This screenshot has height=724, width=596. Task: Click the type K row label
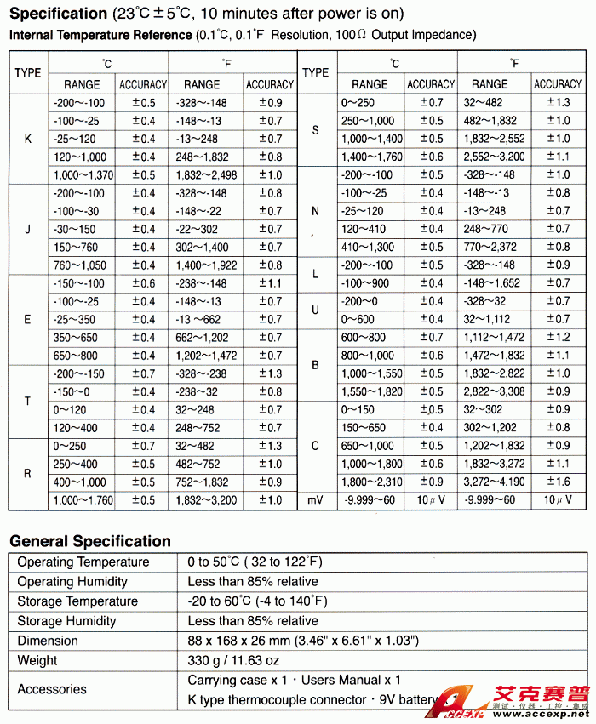tap(28, 139)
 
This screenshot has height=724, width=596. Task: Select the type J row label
tap(28, 229)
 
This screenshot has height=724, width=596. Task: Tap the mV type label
tap(316, 500)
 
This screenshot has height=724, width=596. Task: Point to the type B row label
tap(315, 365)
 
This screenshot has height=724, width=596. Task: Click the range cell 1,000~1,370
tap(83, 175)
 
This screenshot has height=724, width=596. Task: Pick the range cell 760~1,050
tap(80, 265)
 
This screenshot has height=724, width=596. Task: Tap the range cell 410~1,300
tap(368, 247)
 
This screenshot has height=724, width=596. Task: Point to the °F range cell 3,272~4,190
tap(496, 482)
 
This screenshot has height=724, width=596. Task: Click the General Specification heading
tap(90, 541)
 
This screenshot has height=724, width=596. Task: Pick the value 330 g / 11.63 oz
tap(232, 660)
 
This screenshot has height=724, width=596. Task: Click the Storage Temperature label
tap(77, 601)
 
